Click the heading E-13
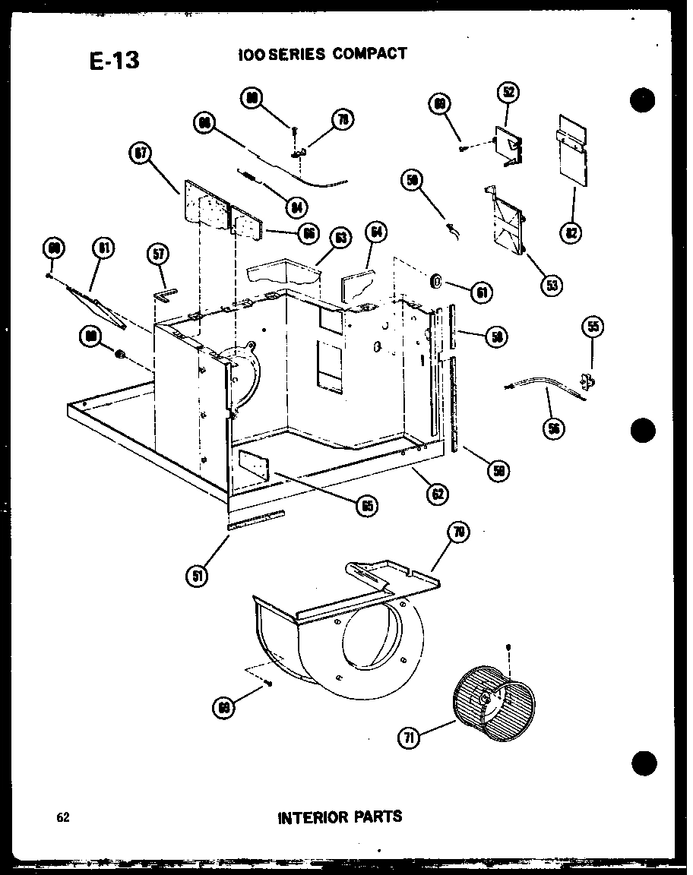pos(114,61)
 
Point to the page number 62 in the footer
pos(62,818)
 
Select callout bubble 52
pos(508,93)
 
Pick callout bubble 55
pos(593,327)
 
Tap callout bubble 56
pos(553,428)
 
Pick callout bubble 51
pos(198,575)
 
